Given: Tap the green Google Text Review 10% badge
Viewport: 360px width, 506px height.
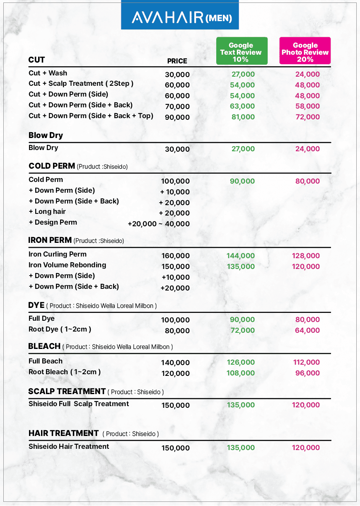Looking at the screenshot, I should pyautogui.click(x=242, y=51).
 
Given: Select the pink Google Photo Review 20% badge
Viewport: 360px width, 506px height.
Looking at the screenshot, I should pyautogui.click(x=305, y=51).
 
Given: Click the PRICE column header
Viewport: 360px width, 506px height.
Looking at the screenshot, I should pyautogui.click(x=177, y=61).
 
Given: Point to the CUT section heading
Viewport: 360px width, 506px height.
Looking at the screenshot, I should pyautogui.click(x=36, y=60).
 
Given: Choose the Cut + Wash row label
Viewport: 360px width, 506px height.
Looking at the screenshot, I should pyautogui.click(x=48, y=73).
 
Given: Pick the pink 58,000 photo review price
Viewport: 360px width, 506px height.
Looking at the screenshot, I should pyautogui.click(x=307, y=106).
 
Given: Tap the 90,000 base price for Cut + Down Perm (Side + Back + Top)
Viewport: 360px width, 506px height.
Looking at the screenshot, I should pyautogui.click(x=177, y=117).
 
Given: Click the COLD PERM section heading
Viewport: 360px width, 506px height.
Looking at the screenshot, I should pyautogui.click(x=52, y=166).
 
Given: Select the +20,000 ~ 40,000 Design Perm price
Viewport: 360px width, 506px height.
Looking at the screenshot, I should pyautogui.click(x=159, y=224).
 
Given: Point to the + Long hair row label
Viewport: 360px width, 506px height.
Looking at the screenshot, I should pyautogui.click(x=47, y=211).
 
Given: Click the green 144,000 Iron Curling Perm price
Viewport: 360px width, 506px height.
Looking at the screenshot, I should pyautogui.click(x=241, y=256).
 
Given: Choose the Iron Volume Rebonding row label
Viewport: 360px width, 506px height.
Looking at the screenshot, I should pyautogui.click(x=67, y=265).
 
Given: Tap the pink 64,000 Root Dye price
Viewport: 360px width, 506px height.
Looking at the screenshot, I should pyautogui.click(x=307, y=330).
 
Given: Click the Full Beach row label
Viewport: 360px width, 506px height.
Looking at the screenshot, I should pyautogui.click(x=46, y=361).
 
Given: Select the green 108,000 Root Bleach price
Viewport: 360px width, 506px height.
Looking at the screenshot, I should pyautogui.click(x=241, y=373).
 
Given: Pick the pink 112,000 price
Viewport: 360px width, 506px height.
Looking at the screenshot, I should pyautogui.click(x=306, y=362).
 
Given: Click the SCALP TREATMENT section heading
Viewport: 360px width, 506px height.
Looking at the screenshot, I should pyautogui.click(x=67, y=391).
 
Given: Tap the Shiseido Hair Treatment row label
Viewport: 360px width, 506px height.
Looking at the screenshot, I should pyautogui.click(x=69, y=446).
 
